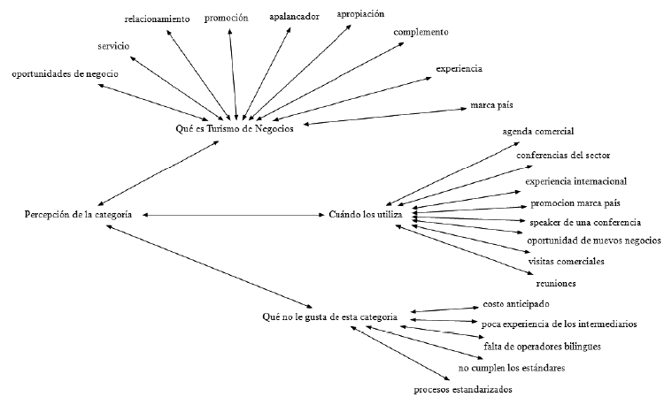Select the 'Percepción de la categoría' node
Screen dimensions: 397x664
tap(80, 215)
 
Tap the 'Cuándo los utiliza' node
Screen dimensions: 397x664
tap(366, 215)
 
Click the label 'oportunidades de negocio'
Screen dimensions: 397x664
tap(65, 73)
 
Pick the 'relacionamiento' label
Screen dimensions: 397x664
tap(157, 19)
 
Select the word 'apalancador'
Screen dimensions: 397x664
tap(293, 16)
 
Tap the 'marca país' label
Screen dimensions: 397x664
tap(491, 107)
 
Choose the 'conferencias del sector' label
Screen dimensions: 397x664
tap(564, 156)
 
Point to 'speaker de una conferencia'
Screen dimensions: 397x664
tap(585, 222)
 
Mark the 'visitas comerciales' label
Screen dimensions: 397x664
tap(567, 262)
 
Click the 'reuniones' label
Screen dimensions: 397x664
tap(556, 283)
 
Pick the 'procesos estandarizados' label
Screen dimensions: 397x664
tap(463, 389)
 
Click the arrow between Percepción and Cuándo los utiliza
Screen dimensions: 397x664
tap(230, 215)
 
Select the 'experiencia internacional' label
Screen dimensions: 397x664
tap(575, 181)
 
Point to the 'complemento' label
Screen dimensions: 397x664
tap(421, 32)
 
